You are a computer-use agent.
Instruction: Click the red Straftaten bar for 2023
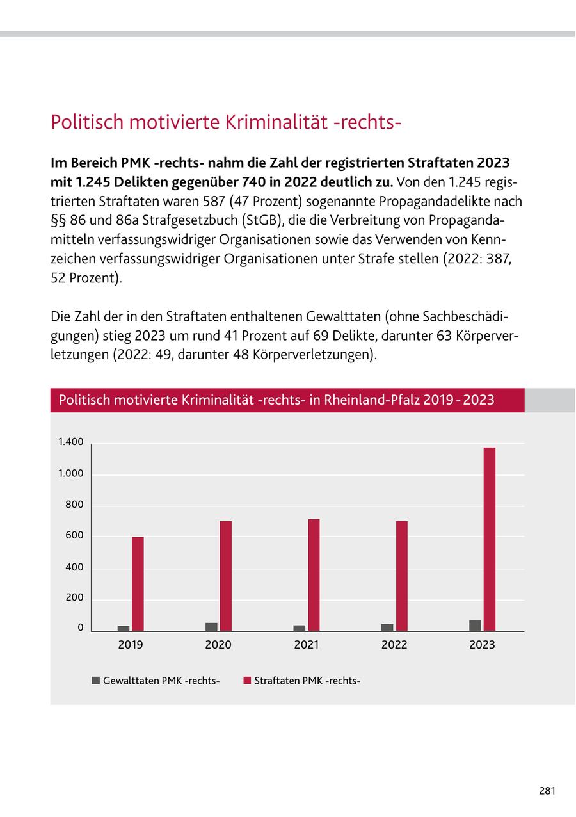[x=490, y=539]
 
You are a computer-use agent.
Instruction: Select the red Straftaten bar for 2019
[x=138, y=583]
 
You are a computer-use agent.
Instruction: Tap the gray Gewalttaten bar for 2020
[x=211, y=627]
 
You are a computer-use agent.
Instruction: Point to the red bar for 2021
[x=314, y=575]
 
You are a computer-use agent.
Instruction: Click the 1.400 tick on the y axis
[x=70, y=442]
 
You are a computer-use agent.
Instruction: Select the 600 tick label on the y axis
[x=74, y=536]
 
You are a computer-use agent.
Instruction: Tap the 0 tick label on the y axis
[x=81, y=628]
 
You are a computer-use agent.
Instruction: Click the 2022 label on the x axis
[x=394, y=645]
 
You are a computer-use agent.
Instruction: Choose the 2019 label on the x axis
[x=131, y=645]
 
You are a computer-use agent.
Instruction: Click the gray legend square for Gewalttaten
[x=96, y=681]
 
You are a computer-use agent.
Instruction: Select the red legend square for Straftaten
[x=247, y=681]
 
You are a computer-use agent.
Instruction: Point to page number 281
[x=547, y=791]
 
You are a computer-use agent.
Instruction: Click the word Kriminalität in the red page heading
[x=276, y=122]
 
